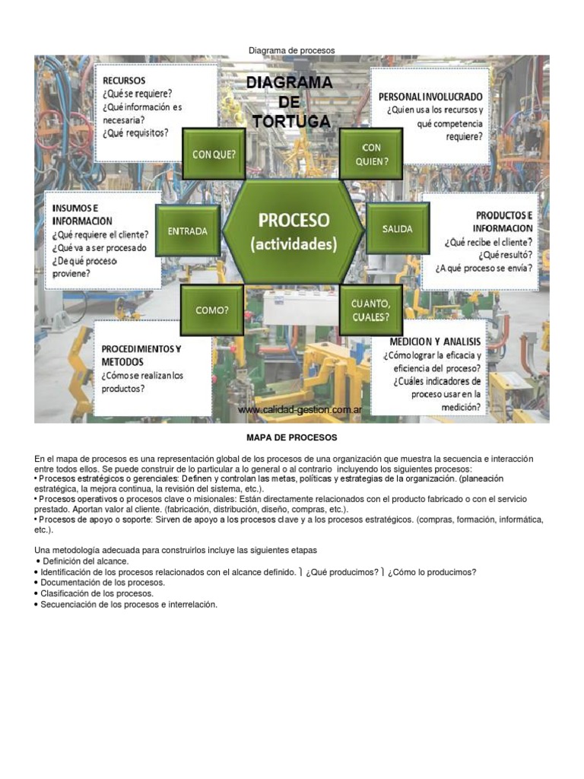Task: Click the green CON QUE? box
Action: coord(214,154)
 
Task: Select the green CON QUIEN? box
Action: coord(370,154)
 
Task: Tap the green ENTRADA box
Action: coord(187,231)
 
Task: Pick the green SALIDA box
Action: coord(398,228)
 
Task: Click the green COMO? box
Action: coord(212,310)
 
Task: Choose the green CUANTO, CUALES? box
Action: coord(370,310)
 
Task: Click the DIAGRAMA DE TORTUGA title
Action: coord(288,101)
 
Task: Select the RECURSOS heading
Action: coord(124,80)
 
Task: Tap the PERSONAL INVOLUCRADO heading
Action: coord(430,97)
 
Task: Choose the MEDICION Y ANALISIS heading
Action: coord(435,342)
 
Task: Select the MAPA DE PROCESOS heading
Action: coord(291,438)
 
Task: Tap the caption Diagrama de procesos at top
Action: coord(291,50)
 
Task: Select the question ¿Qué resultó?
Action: coord(506,256)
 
